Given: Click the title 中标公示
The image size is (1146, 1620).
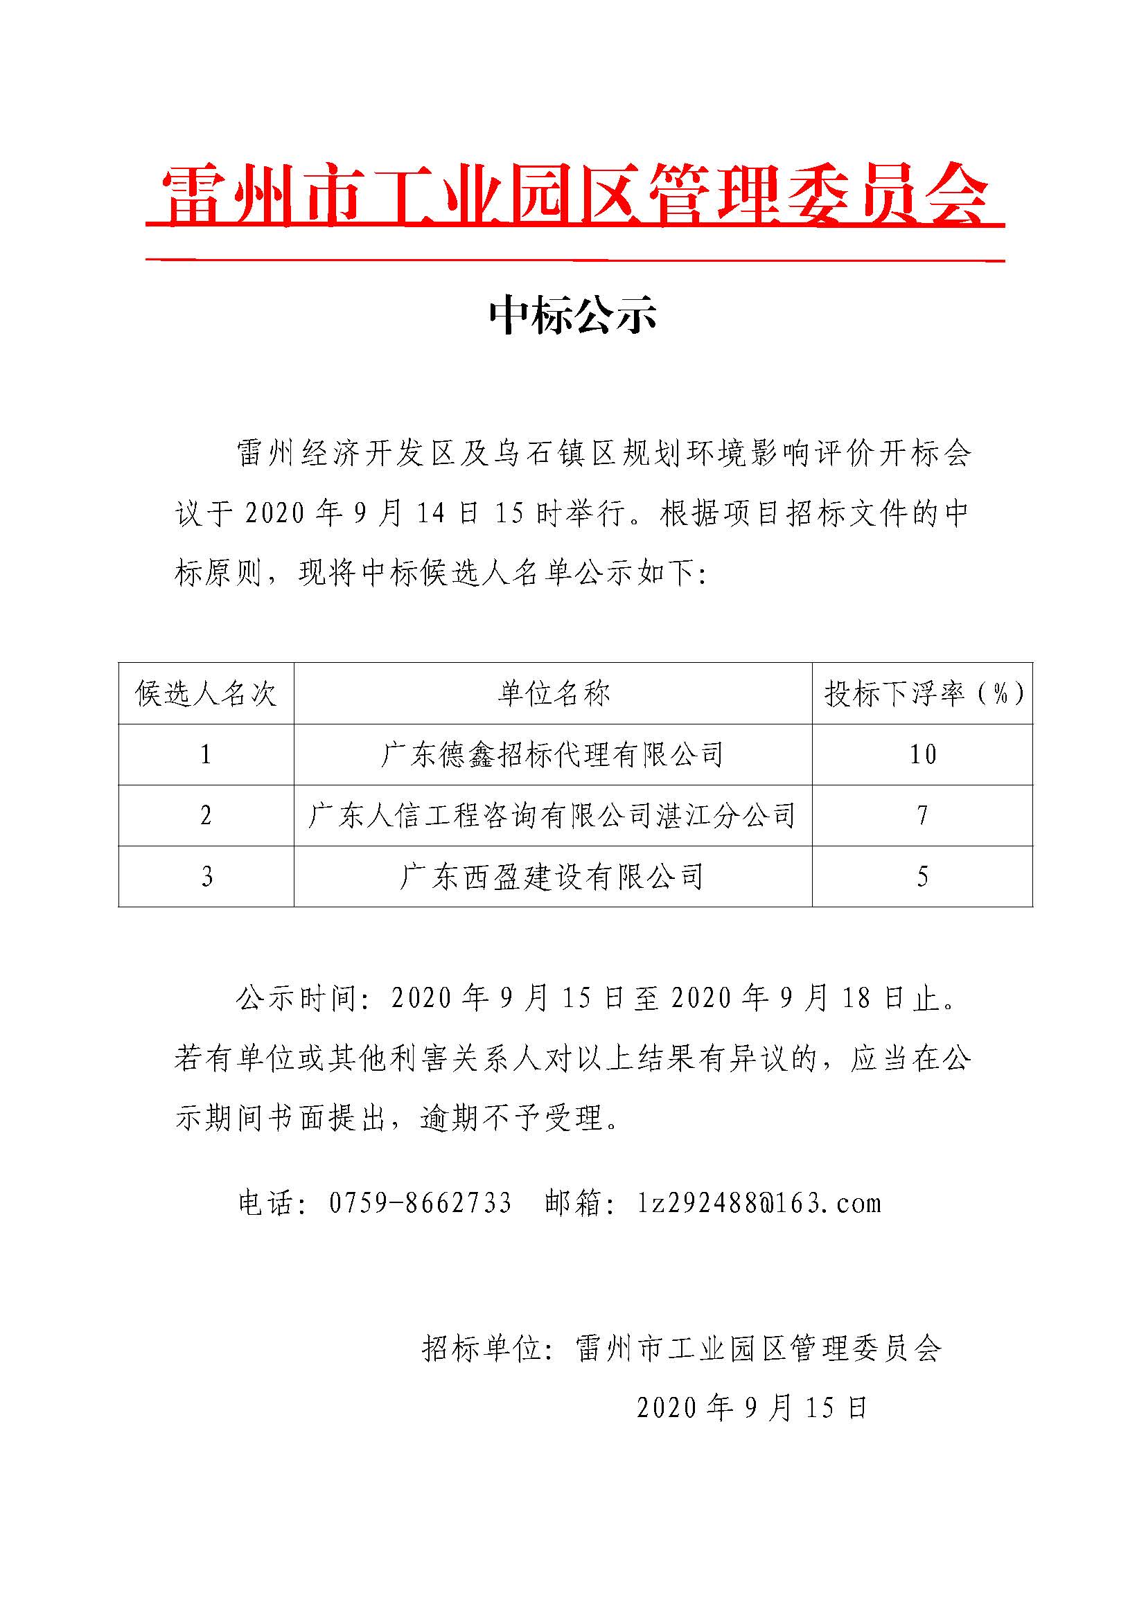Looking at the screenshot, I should tap(573, 314).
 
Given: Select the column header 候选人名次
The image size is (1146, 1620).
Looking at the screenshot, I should tap(206, 694).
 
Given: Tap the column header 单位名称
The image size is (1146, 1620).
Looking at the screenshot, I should tap(553, 694).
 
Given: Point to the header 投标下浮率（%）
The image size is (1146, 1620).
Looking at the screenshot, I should tap(923, 694).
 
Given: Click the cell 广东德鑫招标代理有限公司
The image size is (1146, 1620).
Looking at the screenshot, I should tap(553, 755).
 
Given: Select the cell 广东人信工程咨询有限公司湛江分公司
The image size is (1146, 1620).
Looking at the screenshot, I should tap(553, 816).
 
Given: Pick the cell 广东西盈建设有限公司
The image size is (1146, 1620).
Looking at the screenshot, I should tap(553, 877).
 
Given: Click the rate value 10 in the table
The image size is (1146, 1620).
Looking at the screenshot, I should tap(923, 755).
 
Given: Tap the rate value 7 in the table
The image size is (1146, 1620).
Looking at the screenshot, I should tap(923, 816).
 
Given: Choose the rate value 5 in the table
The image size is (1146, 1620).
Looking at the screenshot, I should tap(923, 877).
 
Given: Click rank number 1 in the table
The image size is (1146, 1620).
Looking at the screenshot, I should tap(206, 755).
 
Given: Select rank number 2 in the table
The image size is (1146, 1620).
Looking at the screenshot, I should tap(206, 816).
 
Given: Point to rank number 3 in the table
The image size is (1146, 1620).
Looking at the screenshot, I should tap(206, 877).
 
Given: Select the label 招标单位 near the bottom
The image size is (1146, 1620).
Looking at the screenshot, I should tap(482, 1349).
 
